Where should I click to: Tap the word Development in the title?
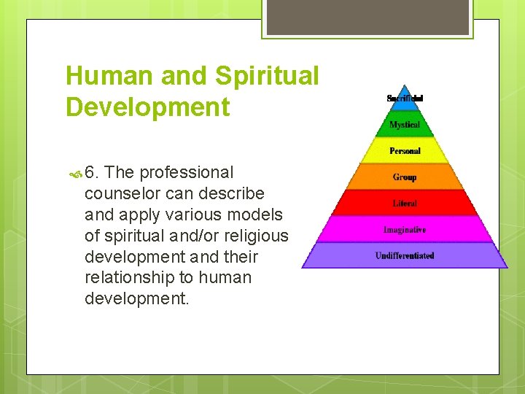pos(147,107)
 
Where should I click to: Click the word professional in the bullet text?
pos(187,173)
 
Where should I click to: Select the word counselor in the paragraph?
pos(121,194)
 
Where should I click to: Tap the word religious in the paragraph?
pos(254,236)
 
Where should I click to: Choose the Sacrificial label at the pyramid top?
pos(405,98)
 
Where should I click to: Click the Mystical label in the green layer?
pos(405,125)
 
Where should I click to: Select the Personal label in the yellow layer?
pos(405,151)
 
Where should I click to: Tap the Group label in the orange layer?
pos(405,177)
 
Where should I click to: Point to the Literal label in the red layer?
pos(405,204)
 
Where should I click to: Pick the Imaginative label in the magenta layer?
pos(405,230)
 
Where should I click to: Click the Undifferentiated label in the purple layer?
pos(405,256)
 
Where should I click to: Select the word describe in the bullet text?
pos(234,194)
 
